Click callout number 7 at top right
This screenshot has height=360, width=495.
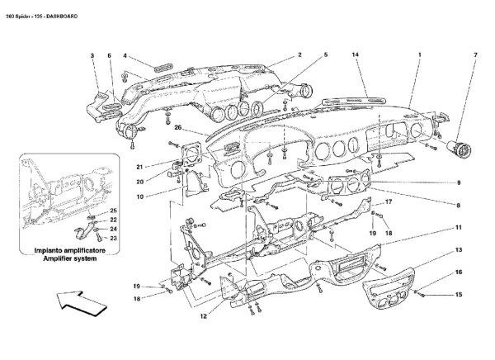pyautogui.click(x=474, y=54)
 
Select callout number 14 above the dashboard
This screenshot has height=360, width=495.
pyautogui.click(x=356, y=54)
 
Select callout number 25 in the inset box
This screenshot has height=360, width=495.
pyautogui.click(x=114, y=212)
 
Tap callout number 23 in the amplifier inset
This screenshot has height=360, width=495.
pyautogui.click(x=114, y=238)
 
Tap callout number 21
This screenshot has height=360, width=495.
pyautogui.click(x=164, y=164)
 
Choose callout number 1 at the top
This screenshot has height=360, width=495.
pyautogui.click(x=419, y=54)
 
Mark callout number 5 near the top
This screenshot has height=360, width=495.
pyautogui.click(x=325, y=54)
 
